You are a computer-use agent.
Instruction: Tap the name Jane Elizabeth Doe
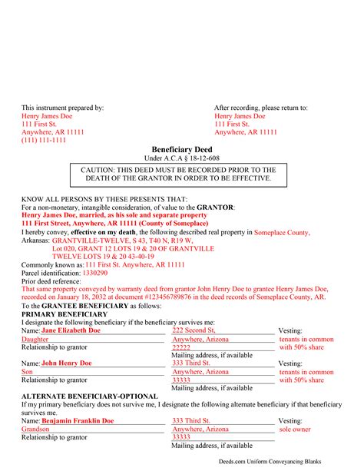point(71,330)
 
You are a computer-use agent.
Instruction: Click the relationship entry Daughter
point(35,339)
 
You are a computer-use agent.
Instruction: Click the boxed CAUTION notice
point(181,174)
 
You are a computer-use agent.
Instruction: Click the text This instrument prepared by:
point(62,108)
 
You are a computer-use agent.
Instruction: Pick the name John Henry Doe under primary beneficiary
point(66,363)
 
